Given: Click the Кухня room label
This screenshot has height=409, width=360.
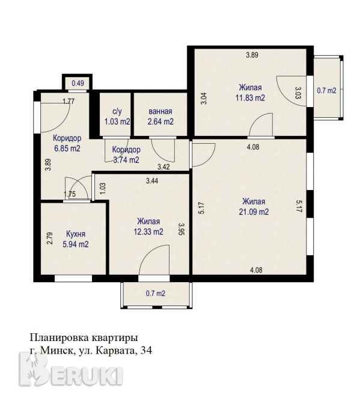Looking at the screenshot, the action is click(x=76, y=234).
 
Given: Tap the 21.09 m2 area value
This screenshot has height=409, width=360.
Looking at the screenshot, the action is click(x=254, y=212).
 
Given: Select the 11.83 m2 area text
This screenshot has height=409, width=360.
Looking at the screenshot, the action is click(x=250, y=98).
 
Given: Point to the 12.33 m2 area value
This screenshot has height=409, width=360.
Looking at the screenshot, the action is click(x=148, y=232).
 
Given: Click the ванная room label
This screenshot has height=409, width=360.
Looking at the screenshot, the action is click(x=160, y=111).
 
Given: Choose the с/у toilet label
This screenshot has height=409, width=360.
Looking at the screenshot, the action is click(x=117, y=112).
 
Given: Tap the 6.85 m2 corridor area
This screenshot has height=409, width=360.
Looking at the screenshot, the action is click(x=67, y=149).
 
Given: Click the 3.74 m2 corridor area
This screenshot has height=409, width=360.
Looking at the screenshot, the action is click(x=126, y=160).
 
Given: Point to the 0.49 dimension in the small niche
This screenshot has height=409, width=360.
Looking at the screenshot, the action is click(x=78, y=83).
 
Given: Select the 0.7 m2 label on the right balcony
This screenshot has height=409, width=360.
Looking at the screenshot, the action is click(x=326, y=90).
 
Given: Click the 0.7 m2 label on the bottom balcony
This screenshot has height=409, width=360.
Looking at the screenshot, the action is click(x=156, y=294).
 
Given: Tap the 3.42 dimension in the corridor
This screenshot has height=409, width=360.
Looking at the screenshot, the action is click(x=163, y=167).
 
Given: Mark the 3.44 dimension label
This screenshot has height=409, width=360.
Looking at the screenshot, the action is click(x=152, y=181).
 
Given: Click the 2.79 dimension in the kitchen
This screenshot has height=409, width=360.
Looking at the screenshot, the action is click(x=49, y=238).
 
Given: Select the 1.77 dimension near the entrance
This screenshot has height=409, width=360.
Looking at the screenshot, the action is click(x=69, y=101).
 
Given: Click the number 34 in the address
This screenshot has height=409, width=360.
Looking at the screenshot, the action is click(x=146, y=351).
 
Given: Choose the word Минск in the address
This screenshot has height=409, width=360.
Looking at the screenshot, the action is click(x=58, y=351).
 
